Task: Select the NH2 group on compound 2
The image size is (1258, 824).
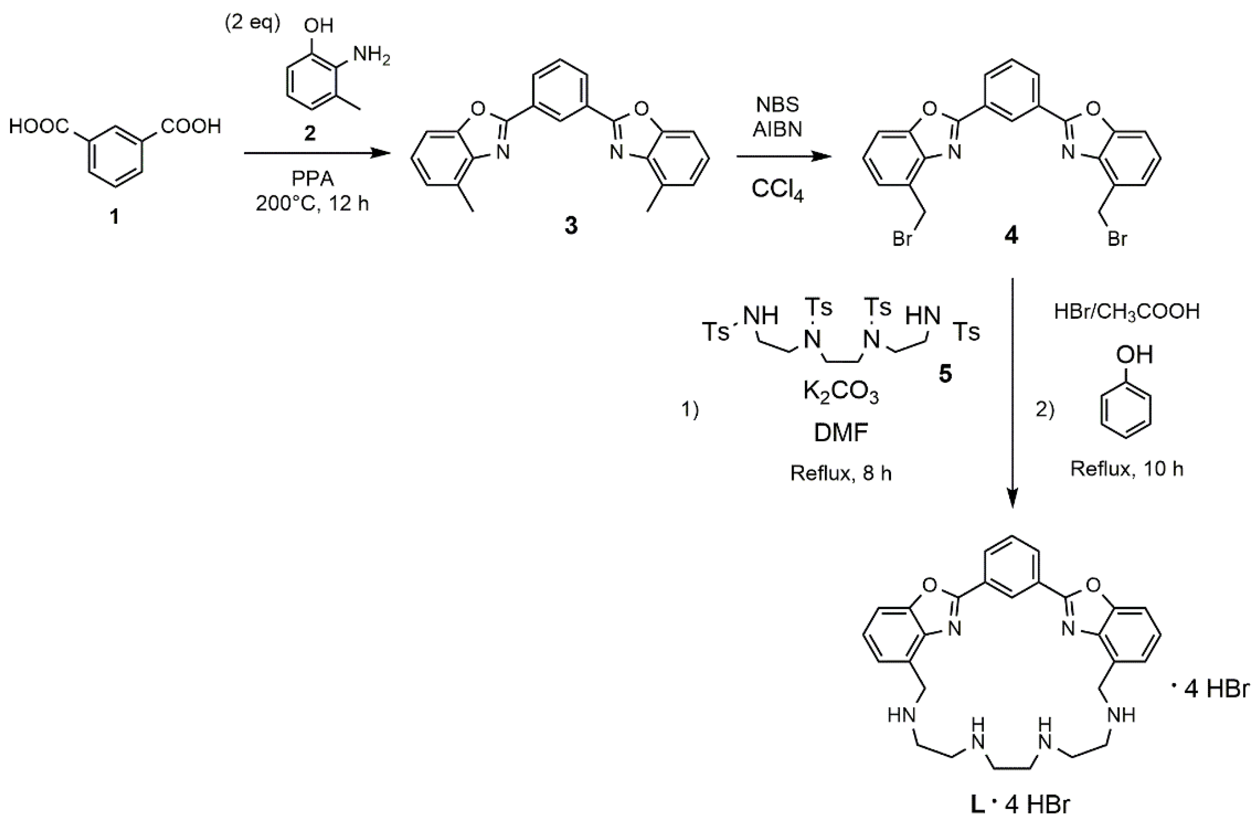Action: point(372,55)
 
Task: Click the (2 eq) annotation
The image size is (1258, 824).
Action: point(253,24)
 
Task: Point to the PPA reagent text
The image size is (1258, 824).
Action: point(312,179)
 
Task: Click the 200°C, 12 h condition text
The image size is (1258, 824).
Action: point(312,203)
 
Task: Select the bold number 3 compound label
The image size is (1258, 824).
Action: point(571,226)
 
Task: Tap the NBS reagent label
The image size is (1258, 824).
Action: point(777,105)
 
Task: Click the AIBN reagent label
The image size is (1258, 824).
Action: point(777,129)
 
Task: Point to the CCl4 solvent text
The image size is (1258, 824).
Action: point(777,189)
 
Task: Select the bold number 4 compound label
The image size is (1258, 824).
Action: point(1010,236)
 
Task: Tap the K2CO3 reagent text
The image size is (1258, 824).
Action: point(841,392)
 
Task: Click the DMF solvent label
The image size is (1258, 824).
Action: point(841,433)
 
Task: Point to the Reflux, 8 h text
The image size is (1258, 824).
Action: point(841,473)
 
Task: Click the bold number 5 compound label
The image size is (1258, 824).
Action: point(945,374)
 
